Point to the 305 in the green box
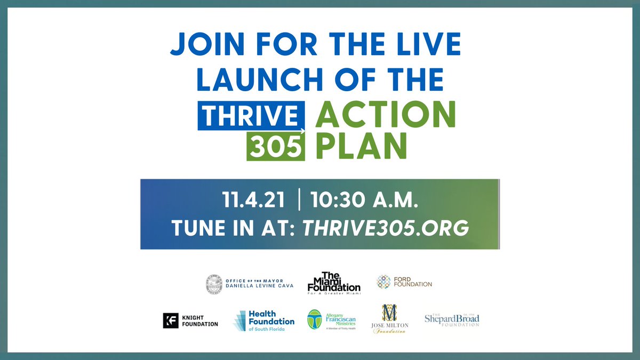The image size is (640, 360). [x=275, y=147]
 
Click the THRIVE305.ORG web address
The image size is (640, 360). [x=386, y=228]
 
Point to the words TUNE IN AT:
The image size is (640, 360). [x=234, y=228]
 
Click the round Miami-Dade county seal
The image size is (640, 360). [x=214, y=284]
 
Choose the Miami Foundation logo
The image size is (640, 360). [x=334, y=283]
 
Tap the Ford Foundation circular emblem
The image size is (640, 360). [x=384, y=282]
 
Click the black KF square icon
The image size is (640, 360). [x=170, y=321]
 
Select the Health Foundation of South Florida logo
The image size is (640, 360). [x=264, y=321]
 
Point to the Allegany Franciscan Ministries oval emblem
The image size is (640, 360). [x=314, y=320]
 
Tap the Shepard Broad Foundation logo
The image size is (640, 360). [x=452, y=320]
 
